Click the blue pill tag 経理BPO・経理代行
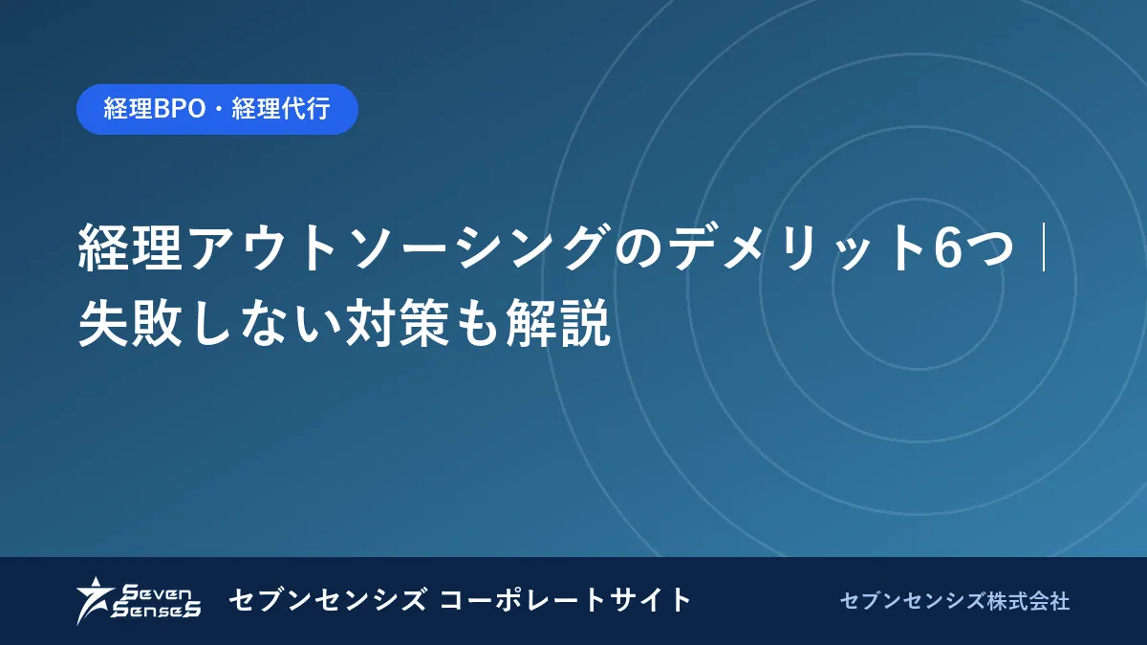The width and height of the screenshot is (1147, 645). point(217,109)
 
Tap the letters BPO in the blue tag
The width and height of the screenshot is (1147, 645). point(179,109)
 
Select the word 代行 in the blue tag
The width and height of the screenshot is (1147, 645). point(306,109)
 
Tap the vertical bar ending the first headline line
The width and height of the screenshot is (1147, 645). point(1043,247)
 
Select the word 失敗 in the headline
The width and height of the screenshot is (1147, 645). point(130,323)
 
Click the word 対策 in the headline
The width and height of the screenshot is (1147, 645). point(398,323)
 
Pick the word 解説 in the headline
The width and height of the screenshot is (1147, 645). point(558,323)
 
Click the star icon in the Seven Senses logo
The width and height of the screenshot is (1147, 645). point(95,600)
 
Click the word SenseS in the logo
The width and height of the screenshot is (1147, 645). point(156,610)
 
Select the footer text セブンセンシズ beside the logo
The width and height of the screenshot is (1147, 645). point(327,600)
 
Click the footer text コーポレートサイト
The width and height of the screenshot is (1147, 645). point(565,600)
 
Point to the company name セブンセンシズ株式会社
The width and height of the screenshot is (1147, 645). point(955,601)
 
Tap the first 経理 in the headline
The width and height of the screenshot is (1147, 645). point(130,247)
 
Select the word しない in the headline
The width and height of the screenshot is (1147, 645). point(265,323)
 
